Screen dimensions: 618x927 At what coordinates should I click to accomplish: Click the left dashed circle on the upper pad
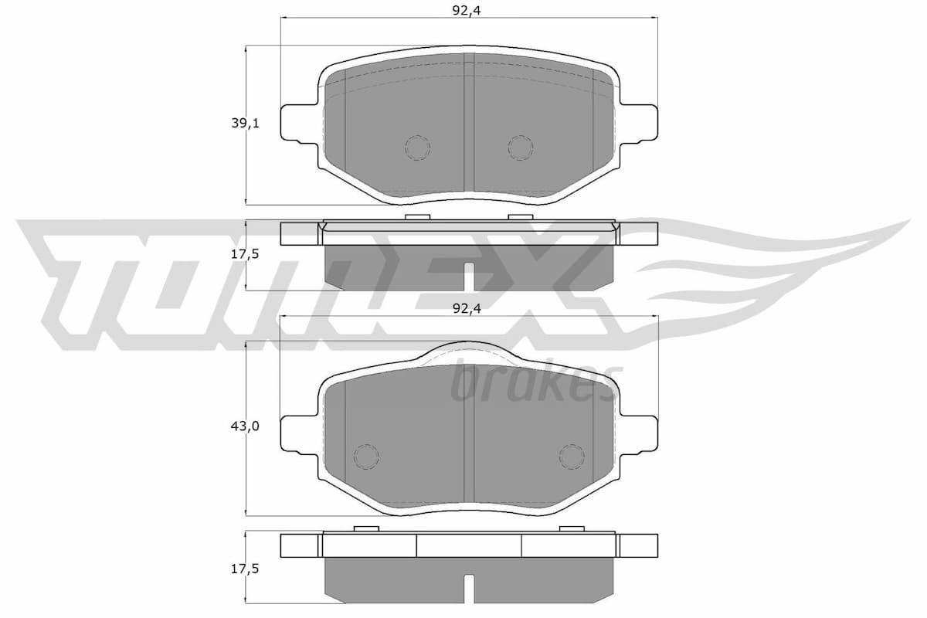coord(417,148)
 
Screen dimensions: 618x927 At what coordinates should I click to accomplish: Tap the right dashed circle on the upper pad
coord(520,148)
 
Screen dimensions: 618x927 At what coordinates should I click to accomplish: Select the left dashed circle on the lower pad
coord(365,457)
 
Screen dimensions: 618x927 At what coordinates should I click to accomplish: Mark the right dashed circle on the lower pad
coord(572,457)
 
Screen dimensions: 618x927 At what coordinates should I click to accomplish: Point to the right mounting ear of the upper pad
coord(639,124)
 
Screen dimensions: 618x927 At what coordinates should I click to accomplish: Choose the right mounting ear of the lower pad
coord(639,435)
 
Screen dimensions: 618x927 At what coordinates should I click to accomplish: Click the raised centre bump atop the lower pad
coord(468,351)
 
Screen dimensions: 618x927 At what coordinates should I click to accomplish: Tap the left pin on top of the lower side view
coord(365,528)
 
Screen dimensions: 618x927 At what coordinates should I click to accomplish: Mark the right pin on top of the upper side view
coord(520,216)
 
